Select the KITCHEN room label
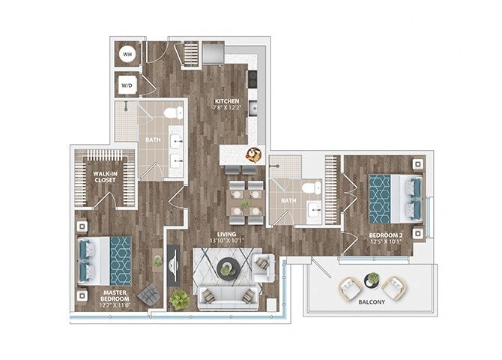point(227,101)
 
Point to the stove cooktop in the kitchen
point(252,78)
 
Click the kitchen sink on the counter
point(254,109)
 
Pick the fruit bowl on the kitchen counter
point(254,154)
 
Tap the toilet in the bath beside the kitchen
point(173,113)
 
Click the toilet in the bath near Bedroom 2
point(312,187)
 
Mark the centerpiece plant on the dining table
point(245,202)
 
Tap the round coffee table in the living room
point(226,268)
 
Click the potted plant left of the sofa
point(178,299)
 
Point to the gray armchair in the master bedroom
point(148,294)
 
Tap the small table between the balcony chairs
point(372,280)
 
